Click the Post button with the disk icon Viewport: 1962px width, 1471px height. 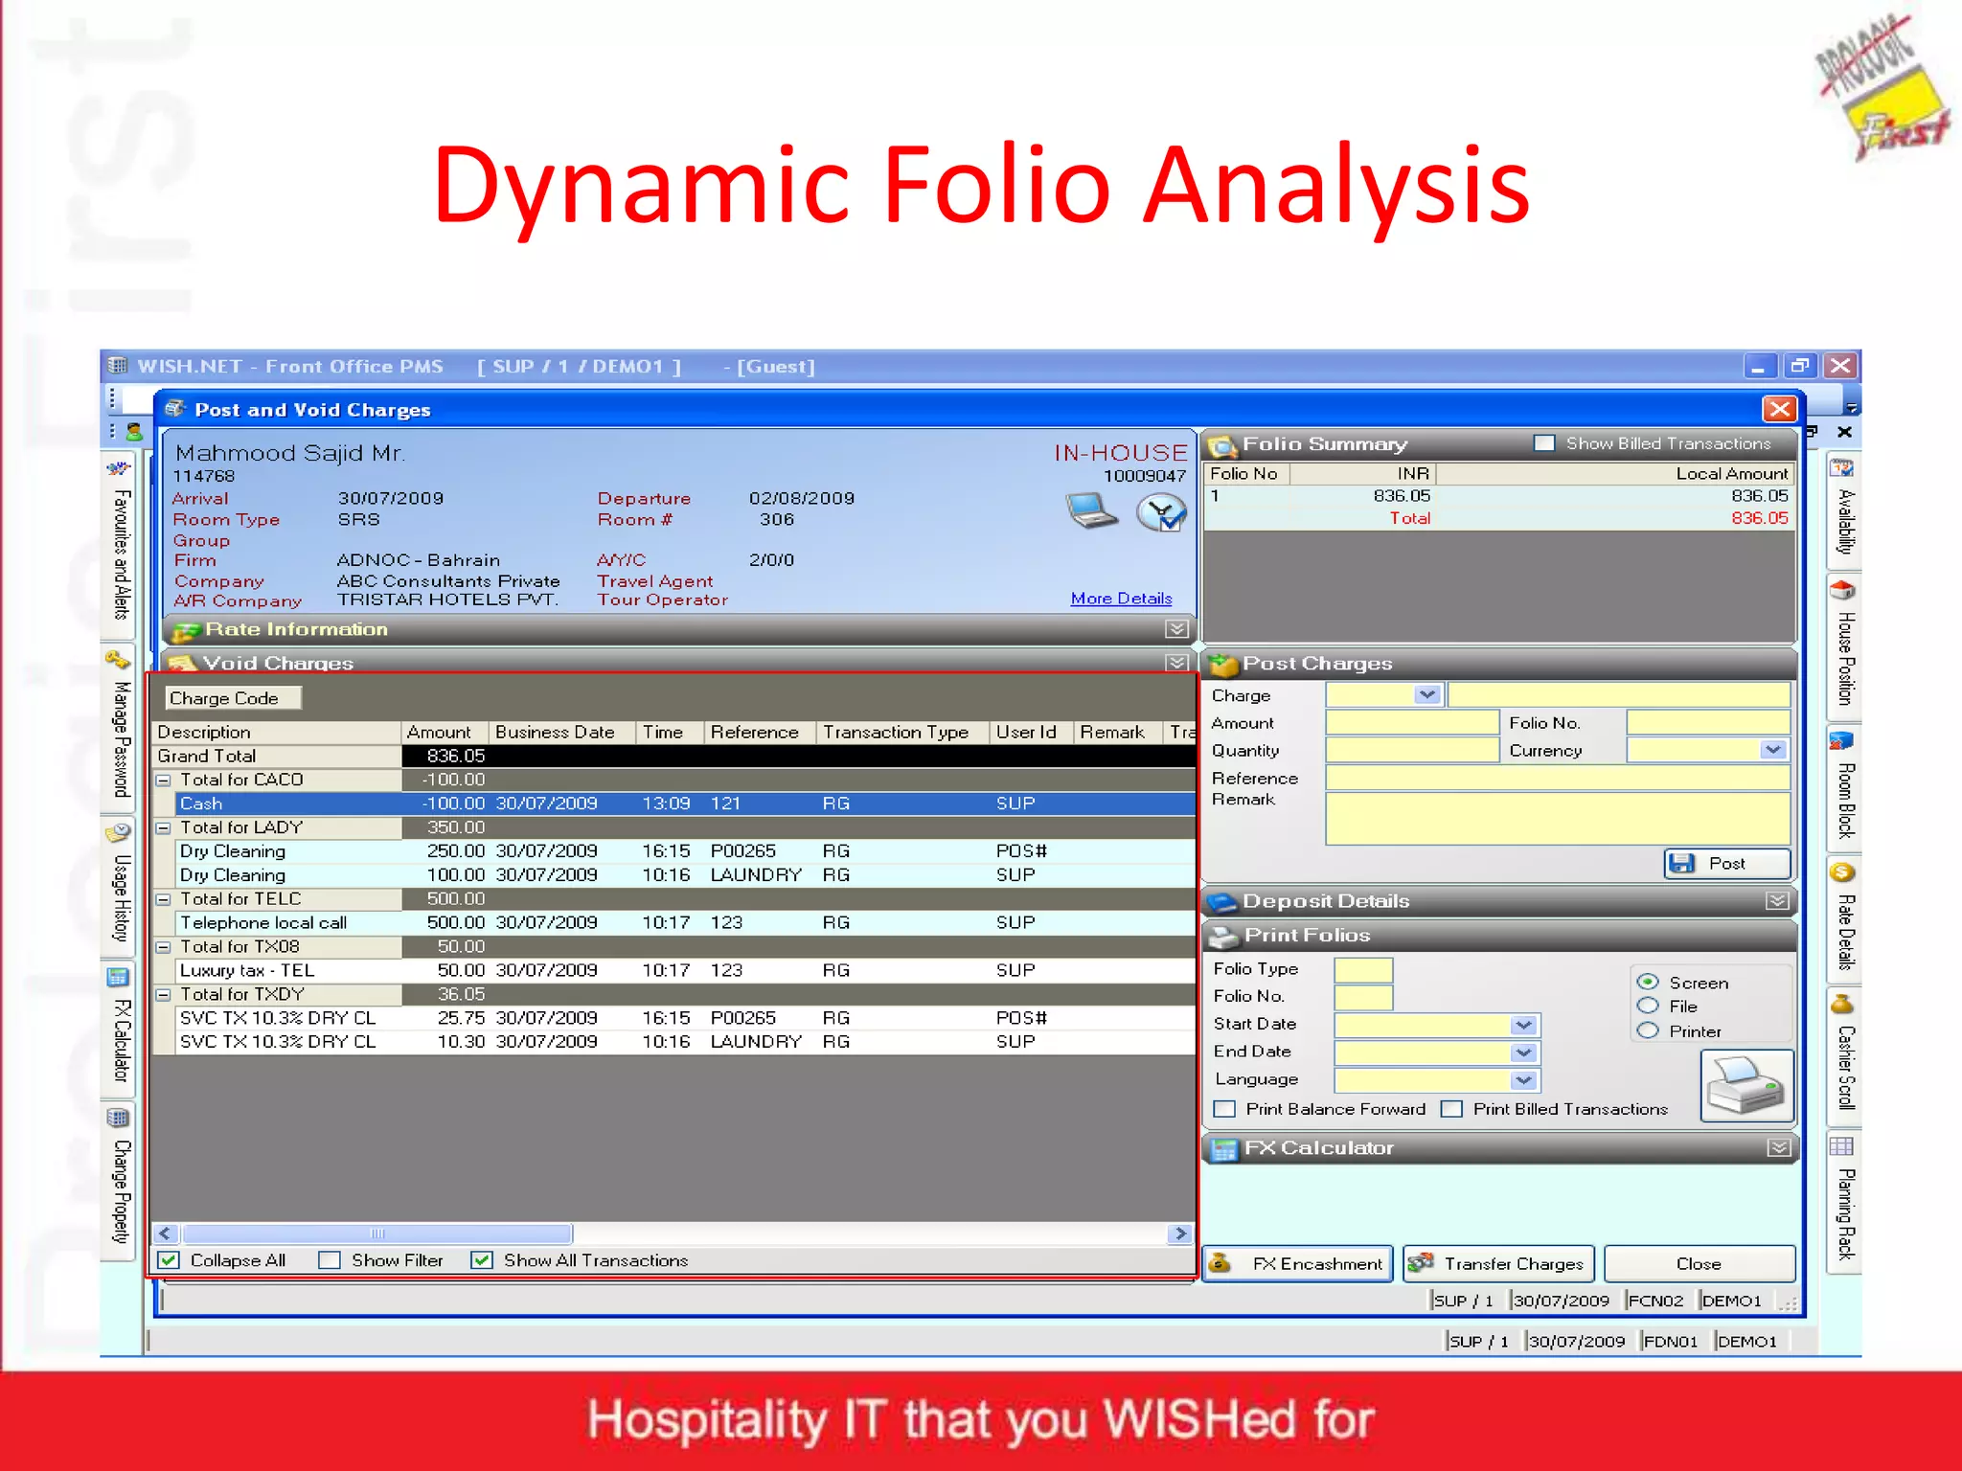[x=1726, y=863]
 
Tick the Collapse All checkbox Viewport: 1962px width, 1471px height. [x=170, y=1260]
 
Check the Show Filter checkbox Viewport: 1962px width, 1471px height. [x=330, y=1260]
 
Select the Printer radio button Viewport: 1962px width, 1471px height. [x=1648, y=1031]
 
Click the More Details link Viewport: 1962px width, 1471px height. [x=1121, y=599]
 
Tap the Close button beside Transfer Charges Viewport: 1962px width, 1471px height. [x=1699, y=1264]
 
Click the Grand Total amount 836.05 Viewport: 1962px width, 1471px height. [x=456, y=756]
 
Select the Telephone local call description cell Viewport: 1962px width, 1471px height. [x=263, y=922]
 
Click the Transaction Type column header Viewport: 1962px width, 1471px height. [x=896, y=732]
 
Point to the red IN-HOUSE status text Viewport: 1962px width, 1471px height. [x=1120, y=452]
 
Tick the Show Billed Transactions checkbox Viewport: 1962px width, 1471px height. [x=1544, y=443]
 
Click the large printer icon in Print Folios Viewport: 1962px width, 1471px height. [x=1745, y=1085]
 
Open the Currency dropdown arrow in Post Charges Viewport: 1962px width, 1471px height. [x=1773, y=750]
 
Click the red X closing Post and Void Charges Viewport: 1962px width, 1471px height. [x=1779, y=410]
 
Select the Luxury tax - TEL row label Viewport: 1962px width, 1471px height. [x=247, y=970]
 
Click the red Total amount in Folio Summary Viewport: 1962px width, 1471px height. [x=1759, y=518]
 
